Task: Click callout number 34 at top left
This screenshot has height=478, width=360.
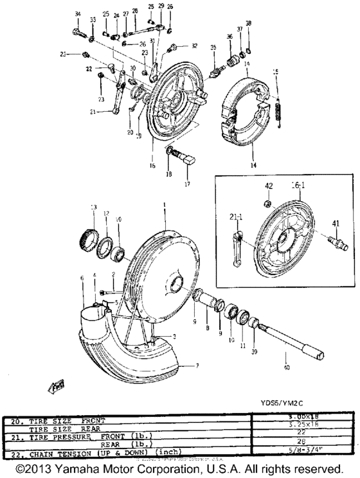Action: click(78, 14)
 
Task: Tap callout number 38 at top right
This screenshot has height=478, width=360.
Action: click(249, 23)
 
